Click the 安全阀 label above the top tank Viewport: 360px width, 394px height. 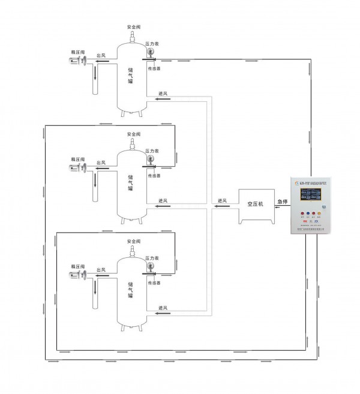click(x=134, y=28)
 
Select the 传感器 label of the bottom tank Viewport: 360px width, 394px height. click(x=155, y=279)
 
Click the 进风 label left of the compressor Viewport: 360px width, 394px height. click(x=223, y=201)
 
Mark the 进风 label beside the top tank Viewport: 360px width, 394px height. click(x=163, y=94)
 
